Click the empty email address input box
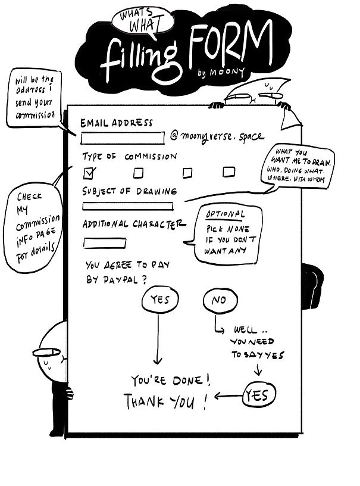pos(122,139)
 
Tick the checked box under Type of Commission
pos(90,173)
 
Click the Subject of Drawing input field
pos(127,207)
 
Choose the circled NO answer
pos(218,301)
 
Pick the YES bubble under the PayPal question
pos(159,300)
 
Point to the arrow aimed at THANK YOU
pos(227,395)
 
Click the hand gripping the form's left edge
pos(70,393)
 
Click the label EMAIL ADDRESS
pos(116,123)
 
